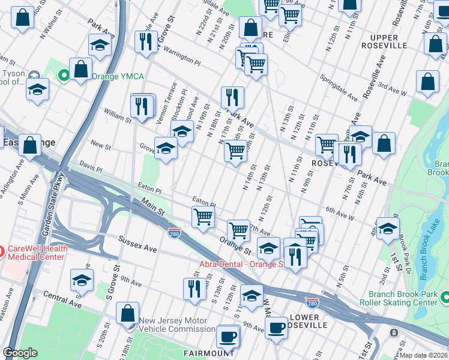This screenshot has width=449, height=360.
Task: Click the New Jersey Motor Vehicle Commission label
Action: pyautogui.click(x=177, y=325)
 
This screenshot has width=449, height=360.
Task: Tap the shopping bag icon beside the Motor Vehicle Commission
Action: pyautogui.click(x=127, y=313)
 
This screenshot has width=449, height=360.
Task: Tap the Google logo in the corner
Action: pyautogui.click(x=20, y=353)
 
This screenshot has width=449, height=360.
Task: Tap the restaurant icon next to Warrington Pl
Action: pyautogui.click(x=145, y=41)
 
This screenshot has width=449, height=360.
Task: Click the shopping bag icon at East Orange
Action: pyautogui.click(x=29, y=145)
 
